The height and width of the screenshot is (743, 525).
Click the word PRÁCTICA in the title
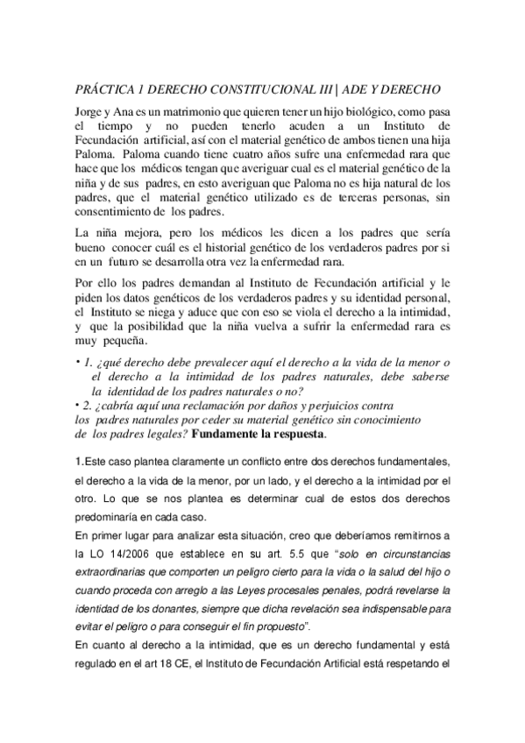tap(100, 90)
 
